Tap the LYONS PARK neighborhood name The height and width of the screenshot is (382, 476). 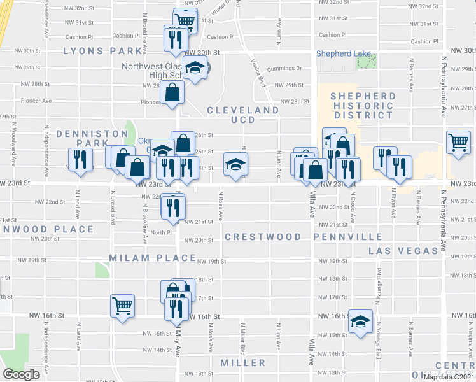[102, 51]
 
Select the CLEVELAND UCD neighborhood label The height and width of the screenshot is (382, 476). [242, 115]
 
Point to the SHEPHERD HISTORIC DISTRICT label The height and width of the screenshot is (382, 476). [362, 106]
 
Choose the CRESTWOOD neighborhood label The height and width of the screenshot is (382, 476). [263, 237]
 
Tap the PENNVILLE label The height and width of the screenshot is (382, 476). [347, 237]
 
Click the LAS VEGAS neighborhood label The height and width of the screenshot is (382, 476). [403, 251]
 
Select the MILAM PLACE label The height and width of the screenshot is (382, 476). [152, 258]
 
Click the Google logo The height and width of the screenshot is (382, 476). [21, 374]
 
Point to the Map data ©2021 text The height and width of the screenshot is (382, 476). [449, 377]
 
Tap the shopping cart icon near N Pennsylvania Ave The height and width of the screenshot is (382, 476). [458, 142]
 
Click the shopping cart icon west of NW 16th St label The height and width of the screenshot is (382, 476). [122, 306]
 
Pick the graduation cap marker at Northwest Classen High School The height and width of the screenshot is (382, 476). [195, 68]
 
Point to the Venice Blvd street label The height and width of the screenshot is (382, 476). [260, 75]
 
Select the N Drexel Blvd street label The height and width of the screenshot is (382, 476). [113, 211]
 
